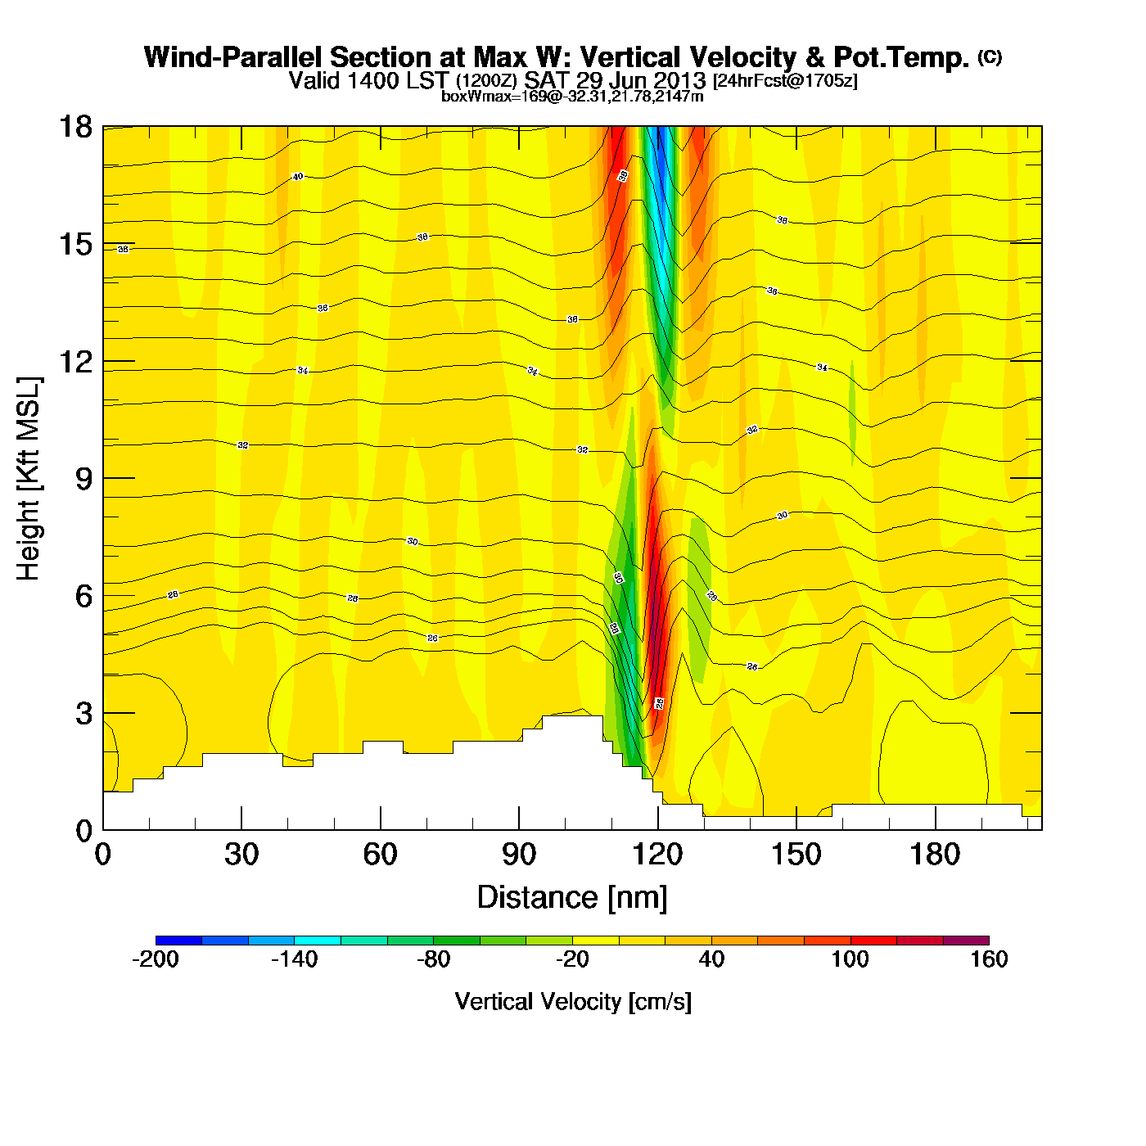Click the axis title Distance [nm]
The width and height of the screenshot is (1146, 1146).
click(x=572, y=898)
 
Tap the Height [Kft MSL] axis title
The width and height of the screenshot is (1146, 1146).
click(x=29, y=479)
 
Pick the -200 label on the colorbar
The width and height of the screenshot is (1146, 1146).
click(x=155, y=959)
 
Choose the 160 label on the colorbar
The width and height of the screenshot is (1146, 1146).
click(x=989, y=959)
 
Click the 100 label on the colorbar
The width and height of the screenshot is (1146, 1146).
click(x=850, y=959)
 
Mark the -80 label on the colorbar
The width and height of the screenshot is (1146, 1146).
click(x=433, y=959)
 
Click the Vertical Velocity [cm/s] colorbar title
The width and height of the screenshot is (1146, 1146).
click(x=573, y=1002)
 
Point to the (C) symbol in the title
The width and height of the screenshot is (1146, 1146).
click(x=990, y=56)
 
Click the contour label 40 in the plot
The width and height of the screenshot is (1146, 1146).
click(x=298, y=177)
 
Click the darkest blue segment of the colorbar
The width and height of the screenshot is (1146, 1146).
click(x=178, y=941)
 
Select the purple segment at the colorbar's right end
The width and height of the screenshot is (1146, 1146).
click(x=966, y=941)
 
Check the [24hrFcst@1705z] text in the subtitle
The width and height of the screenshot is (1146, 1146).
click(x=785, y=82)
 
